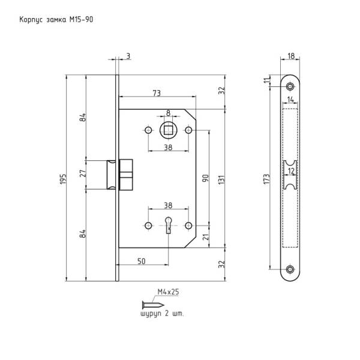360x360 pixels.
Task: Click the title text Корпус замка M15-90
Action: pos(56,20)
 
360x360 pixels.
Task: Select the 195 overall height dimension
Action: pos(63,179)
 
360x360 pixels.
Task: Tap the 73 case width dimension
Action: pos(157,93)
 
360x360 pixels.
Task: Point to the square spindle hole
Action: pos(168,130)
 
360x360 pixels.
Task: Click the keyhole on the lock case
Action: pos(169,225)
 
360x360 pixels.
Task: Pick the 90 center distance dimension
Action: pos(205,178)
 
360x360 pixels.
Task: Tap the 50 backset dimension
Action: pos(142,261)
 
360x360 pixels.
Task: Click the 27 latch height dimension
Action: pos(83,173)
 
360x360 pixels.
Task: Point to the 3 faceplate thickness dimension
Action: pos(128,56)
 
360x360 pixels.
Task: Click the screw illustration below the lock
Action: pos(153,305)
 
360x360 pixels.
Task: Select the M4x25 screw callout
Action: pos(168,292)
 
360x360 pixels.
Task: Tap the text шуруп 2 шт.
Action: pos(162,314)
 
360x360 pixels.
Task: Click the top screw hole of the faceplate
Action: pos(290,86)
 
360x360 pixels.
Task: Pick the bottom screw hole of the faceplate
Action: pos(290,269)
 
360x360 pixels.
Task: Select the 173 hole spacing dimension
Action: pos(266,179)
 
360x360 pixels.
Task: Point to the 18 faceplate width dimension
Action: pos(291,56)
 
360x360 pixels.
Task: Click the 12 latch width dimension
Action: pos(291,171)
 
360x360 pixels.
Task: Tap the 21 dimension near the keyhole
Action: pos(206,237)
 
